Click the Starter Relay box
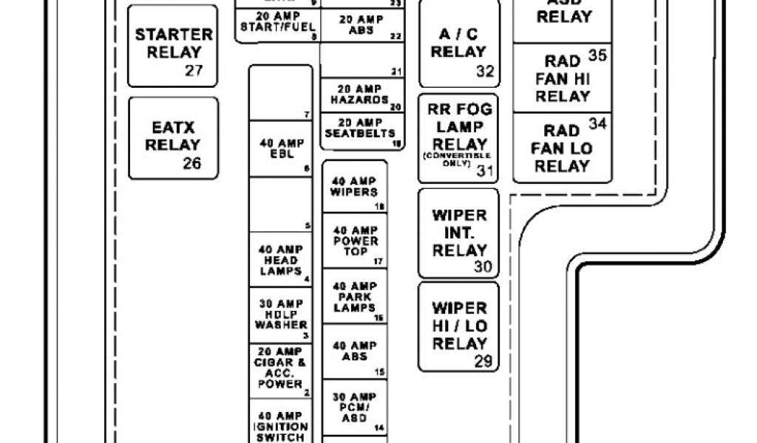[x=173, y=46]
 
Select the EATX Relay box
[x=173, y=138]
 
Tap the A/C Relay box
[x=458, y=46]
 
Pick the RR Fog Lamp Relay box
[x=458, y=137]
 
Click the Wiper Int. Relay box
[x=458, y=233]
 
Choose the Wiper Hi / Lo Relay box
[x=458, y=326]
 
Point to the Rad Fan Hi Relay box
[x=562, y=78]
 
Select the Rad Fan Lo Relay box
[x=562, y=148]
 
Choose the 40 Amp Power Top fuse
[x=354, y=241]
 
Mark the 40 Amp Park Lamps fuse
[x=354, y=296]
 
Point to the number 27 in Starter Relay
[x=193, y=72]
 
